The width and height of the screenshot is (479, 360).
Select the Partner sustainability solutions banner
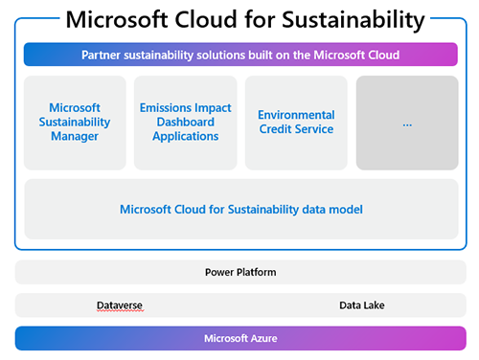(239, 55)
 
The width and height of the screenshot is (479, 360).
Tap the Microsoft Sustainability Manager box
(75, 123)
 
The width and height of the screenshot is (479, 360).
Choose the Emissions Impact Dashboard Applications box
(185, 123)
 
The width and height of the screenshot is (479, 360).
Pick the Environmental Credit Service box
(296, 123)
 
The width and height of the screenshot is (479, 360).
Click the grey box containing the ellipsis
(406, 123)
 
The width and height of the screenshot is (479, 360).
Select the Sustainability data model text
(240, 208)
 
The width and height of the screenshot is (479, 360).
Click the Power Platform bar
(240, 272)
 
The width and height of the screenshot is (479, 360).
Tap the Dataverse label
(120, 305)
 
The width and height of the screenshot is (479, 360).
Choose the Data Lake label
(362, 305)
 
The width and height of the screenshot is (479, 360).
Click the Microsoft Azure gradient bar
(239, 339)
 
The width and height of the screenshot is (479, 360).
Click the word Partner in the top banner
(103, 55)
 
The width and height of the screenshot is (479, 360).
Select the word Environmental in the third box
(296, 115)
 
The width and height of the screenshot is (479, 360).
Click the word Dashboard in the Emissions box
(185, 123)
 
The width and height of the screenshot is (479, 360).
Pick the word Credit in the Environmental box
(277, 129)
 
